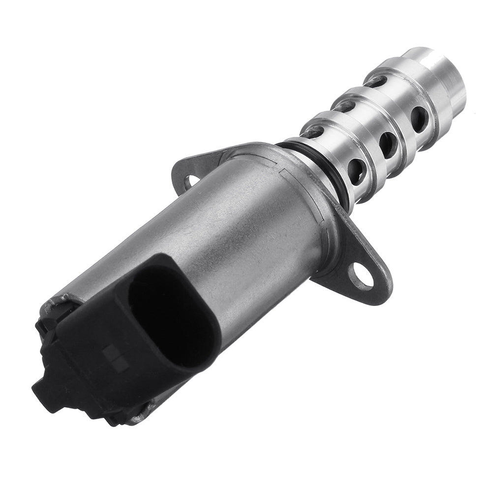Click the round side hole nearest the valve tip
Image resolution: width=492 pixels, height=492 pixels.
tap(420, 118)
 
